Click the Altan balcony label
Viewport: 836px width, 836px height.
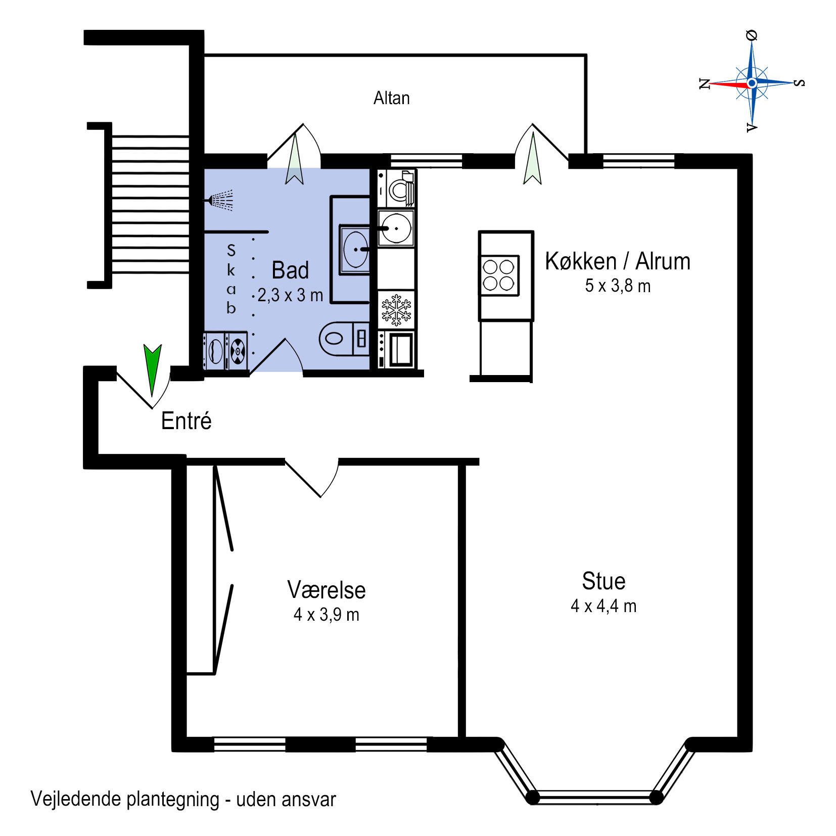391,98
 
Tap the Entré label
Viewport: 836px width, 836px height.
186,421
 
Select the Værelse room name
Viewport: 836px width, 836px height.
327,589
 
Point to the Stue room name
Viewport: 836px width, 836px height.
603,581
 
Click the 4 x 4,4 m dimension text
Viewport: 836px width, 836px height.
603,606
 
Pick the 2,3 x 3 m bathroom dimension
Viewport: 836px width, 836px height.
290,295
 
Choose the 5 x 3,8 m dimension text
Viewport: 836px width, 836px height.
618,286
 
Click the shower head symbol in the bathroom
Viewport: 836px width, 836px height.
219,200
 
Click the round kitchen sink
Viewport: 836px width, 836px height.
396,228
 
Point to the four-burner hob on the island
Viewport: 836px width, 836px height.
499,275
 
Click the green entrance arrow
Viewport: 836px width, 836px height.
152,369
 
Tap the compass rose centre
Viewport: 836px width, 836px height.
752,82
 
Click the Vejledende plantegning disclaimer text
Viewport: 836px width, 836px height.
183,799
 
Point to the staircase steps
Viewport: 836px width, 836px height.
150,204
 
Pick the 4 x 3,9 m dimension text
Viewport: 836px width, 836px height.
327,615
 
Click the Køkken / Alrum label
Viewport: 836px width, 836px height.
618,261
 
